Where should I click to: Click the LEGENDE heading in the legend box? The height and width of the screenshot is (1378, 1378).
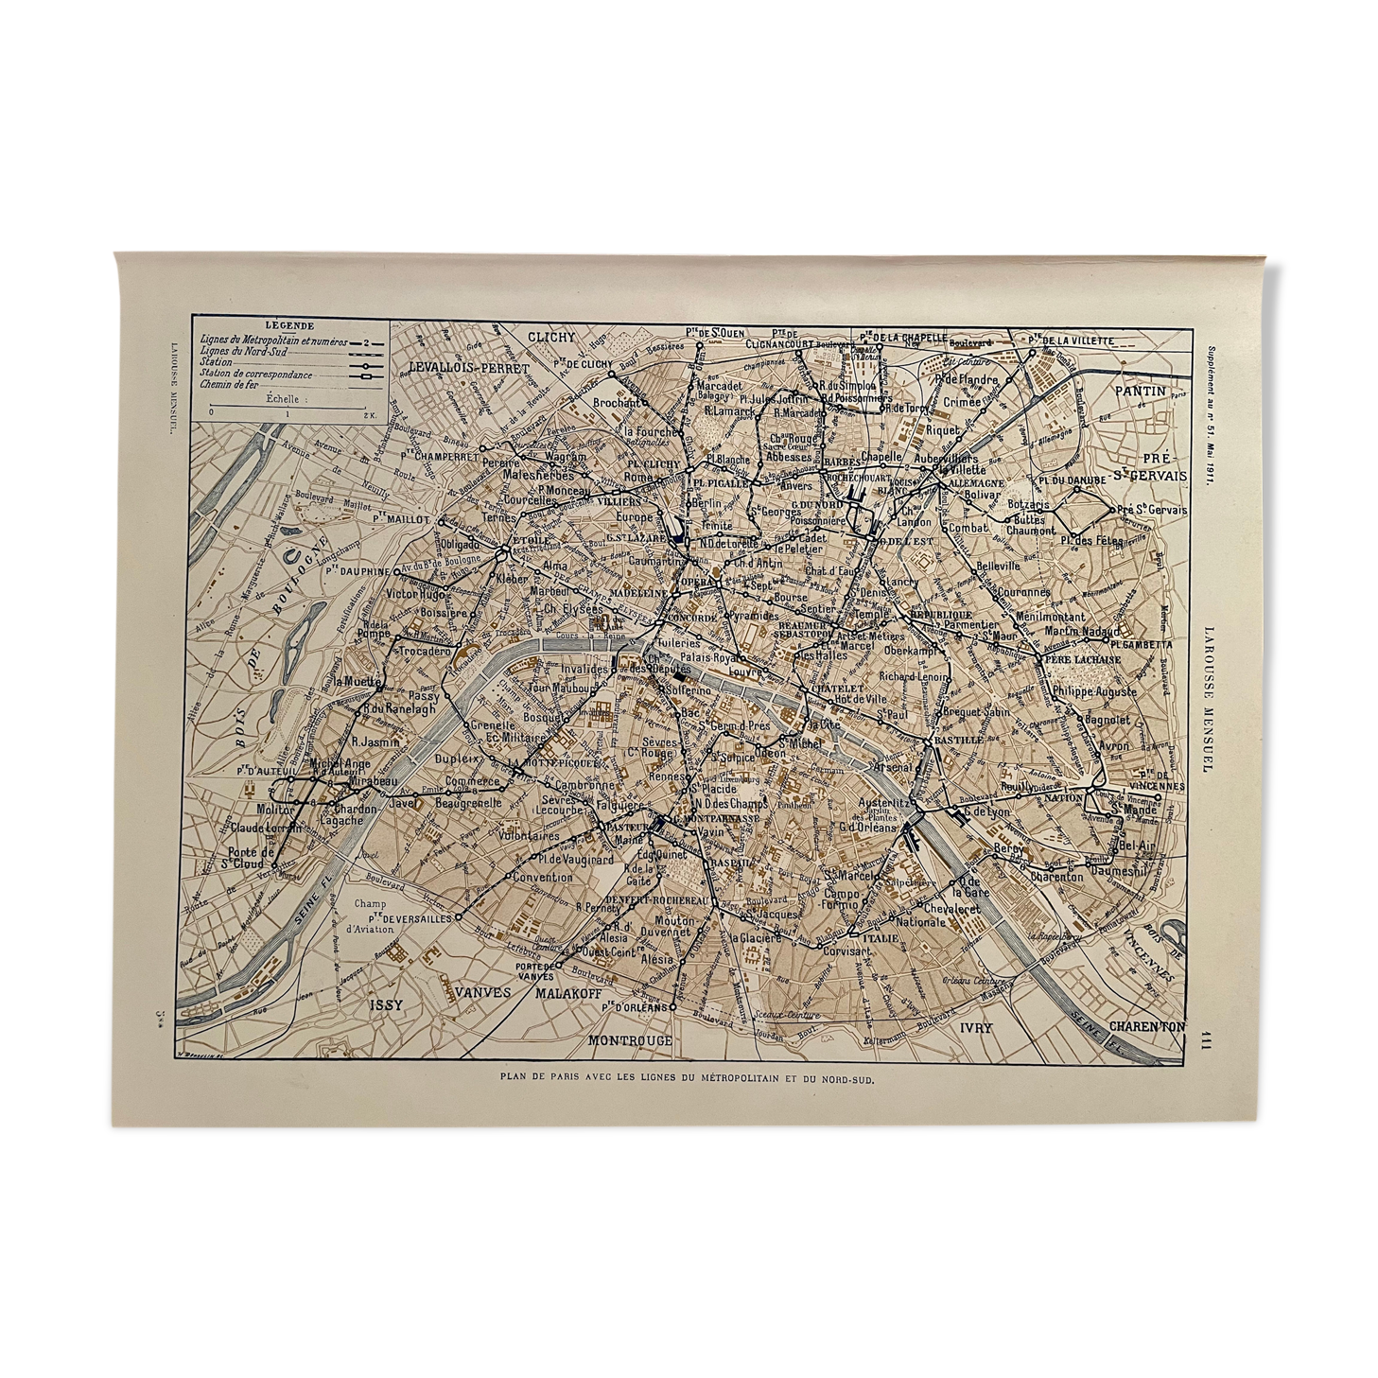289,325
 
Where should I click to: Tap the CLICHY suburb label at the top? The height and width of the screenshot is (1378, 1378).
550,338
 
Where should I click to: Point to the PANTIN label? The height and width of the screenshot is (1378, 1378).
1140,389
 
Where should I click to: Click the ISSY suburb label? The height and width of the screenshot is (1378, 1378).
386,1004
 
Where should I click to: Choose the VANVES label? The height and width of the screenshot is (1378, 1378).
483,993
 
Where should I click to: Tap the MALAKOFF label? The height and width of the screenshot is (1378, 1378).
570,993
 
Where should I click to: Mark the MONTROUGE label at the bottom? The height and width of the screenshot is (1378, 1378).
630,1039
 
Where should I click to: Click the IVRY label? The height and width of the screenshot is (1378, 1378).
975,1025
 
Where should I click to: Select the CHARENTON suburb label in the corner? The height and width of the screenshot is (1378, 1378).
1146,1026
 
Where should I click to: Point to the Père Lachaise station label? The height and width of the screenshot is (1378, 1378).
1082,659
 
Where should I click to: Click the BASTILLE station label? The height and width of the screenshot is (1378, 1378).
958,739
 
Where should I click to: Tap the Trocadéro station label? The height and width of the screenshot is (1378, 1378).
424,651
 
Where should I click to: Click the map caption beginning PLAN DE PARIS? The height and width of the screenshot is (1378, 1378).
687,1076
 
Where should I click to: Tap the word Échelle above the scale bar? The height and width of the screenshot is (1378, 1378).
283,399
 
